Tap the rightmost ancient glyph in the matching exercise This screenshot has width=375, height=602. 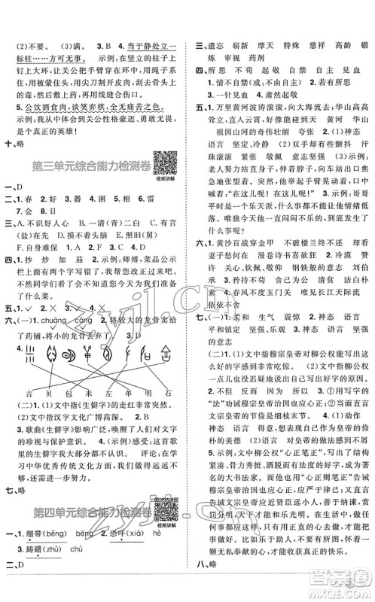(161, 353)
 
